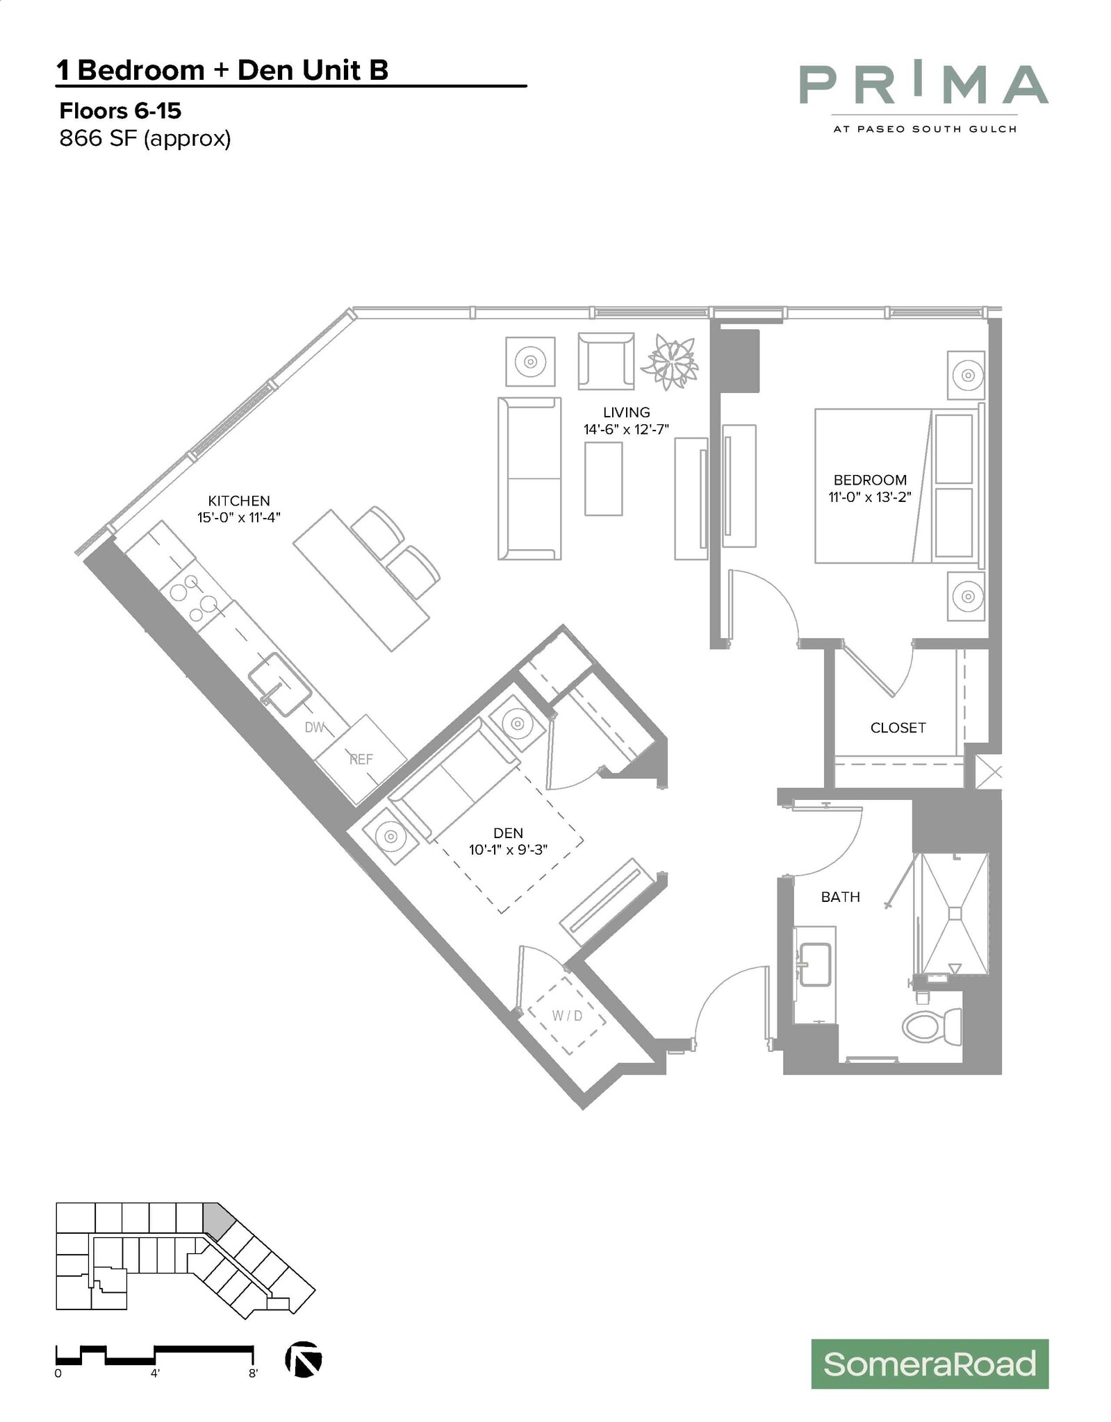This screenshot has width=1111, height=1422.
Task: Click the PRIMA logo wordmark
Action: pos(923,85)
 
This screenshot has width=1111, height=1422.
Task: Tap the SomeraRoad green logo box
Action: pos(929,1364)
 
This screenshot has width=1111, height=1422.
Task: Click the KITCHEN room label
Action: pos(239,501)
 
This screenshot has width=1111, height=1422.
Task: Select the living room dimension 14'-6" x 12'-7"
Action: pos(626,430)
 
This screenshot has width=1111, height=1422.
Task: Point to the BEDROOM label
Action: pos(870,480)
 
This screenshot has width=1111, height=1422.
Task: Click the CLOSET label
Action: pos(898,728)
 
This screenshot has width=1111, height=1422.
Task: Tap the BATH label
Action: pos(840,897)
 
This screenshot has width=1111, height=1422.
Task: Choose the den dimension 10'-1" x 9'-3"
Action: pos(508,849)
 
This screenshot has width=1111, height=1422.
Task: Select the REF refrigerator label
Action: pos(361,759)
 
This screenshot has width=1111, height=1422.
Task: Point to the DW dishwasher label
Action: pos(315,727)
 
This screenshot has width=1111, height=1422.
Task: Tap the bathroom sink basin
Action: pos(815,964)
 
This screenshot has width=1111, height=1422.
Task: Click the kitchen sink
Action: pos(279,684)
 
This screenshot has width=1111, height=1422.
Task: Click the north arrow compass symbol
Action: pos(304,1360)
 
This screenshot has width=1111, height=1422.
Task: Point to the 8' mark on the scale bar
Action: pos(253,1373)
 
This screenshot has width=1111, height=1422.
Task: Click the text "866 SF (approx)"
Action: pos(145,139)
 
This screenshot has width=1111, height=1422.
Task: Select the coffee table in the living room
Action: pos(603,478)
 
